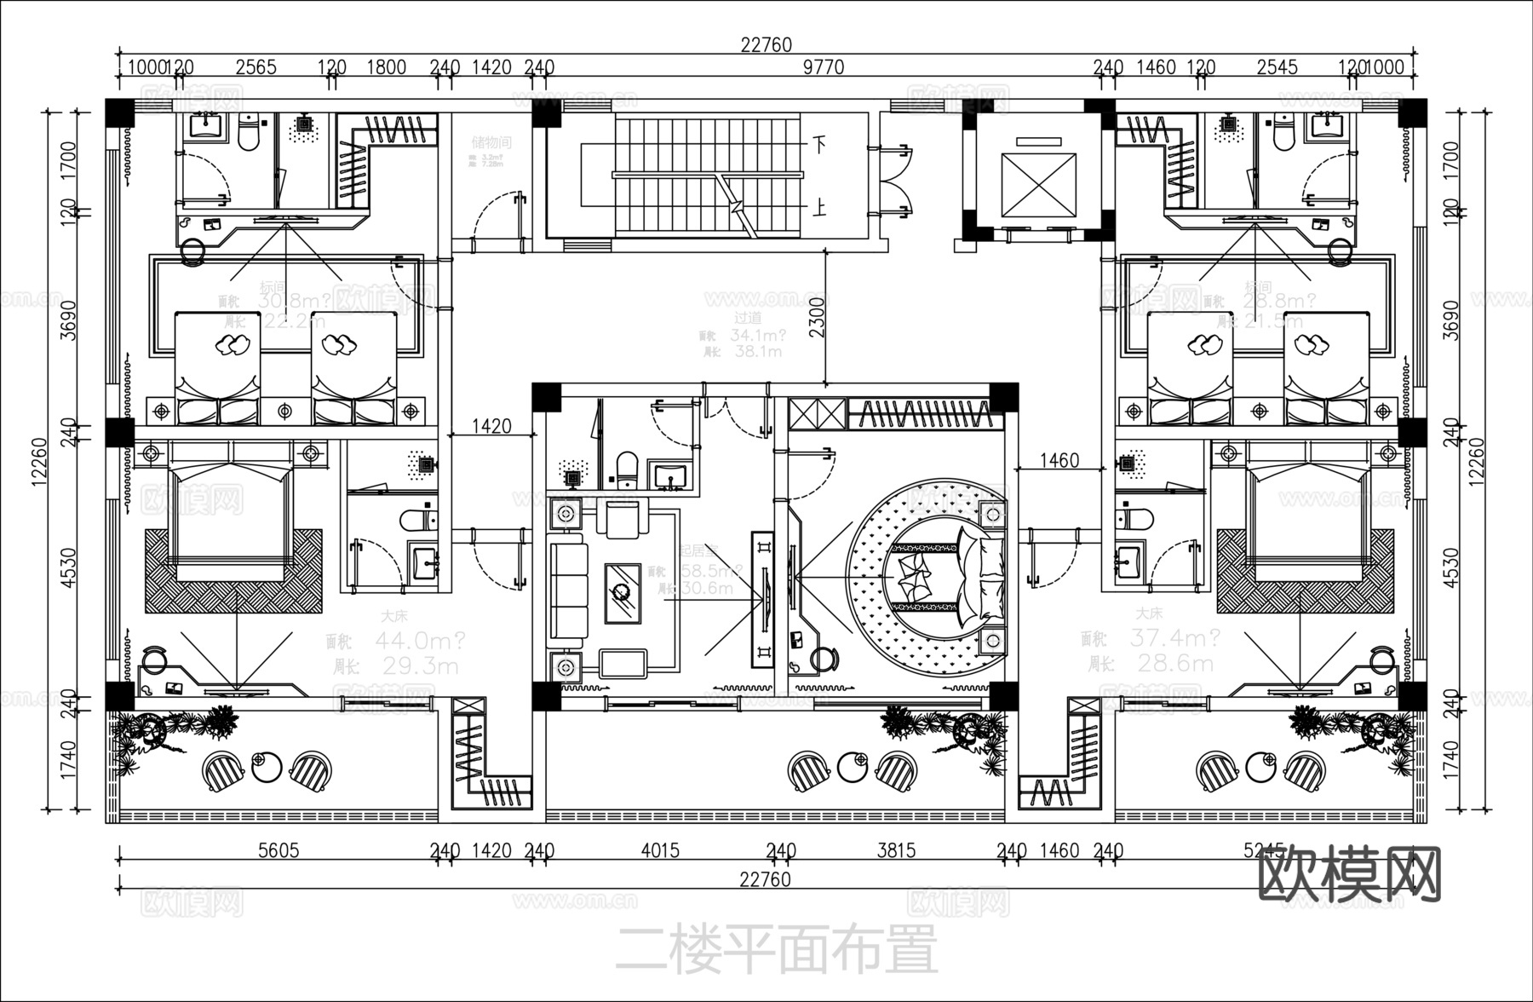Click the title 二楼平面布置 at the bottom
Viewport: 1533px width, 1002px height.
(776, 949)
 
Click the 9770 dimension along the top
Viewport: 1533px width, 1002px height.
(823, 66)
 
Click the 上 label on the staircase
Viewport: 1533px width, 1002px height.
(818, 208)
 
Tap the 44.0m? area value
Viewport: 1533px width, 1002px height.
(420, 639)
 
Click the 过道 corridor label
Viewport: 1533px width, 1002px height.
(748, 318)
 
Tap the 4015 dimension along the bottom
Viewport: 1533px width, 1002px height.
(660, 850)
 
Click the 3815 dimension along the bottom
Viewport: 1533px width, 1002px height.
(896, 850)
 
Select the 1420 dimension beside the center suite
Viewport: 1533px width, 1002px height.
(491, 425)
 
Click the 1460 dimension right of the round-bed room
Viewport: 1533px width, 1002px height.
(1059, 461)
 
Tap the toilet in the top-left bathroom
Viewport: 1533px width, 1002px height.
(249, 135)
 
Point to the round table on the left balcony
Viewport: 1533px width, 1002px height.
(267, 767)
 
